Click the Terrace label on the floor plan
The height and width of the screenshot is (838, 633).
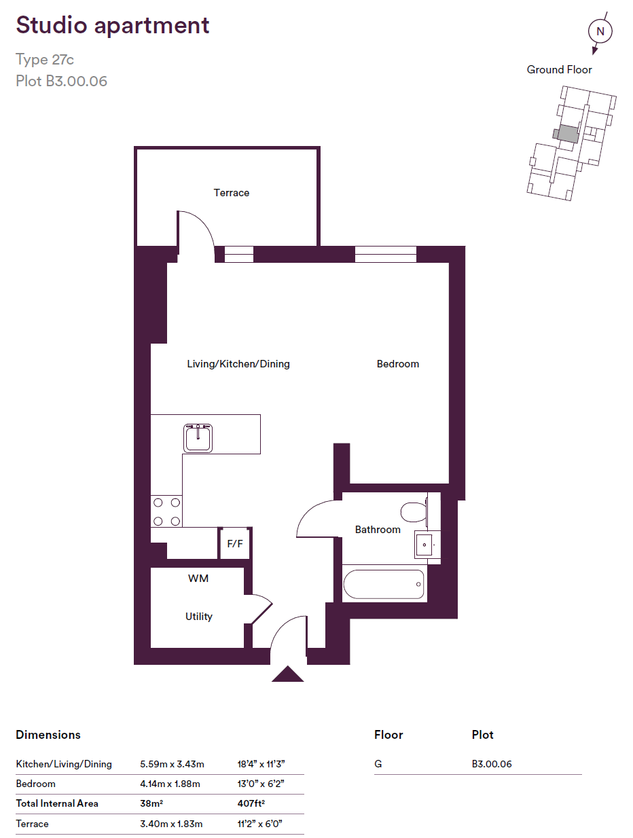[x=231, y=193]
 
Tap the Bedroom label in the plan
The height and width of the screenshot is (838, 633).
[x=397, y=364]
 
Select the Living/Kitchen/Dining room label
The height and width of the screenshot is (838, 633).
[x=238, y=364]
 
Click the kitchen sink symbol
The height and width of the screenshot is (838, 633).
[x=198, y=438]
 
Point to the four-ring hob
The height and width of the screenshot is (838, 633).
[x=166, y=511]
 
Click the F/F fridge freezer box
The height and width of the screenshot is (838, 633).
[x=235, y=543]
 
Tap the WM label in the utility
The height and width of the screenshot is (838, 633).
[x=198, y=579]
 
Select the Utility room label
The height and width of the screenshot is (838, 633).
[x=198, y=616]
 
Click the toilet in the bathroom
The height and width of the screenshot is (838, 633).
[x=414, y=511]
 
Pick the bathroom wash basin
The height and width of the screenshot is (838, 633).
[x=424, y=545]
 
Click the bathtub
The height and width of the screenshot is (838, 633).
[x=384, y=584]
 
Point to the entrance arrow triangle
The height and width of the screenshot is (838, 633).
[x=287, y=674]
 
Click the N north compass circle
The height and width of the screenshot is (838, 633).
[x=600, y=31]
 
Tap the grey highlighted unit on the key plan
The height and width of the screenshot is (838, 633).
[x=566, y=134]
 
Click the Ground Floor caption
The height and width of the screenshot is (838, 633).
[x=559, y=69]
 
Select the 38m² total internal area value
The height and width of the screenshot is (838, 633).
[x=151, y=803]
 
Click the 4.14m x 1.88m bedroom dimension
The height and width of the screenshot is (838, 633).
[x=170, y=784]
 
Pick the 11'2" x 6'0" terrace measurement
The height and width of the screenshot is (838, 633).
[x=259, y=824]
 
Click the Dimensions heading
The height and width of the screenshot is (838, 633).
[x=48, y=735]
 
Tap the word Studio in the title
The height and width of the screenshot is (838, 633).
[x=52, y=25]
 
